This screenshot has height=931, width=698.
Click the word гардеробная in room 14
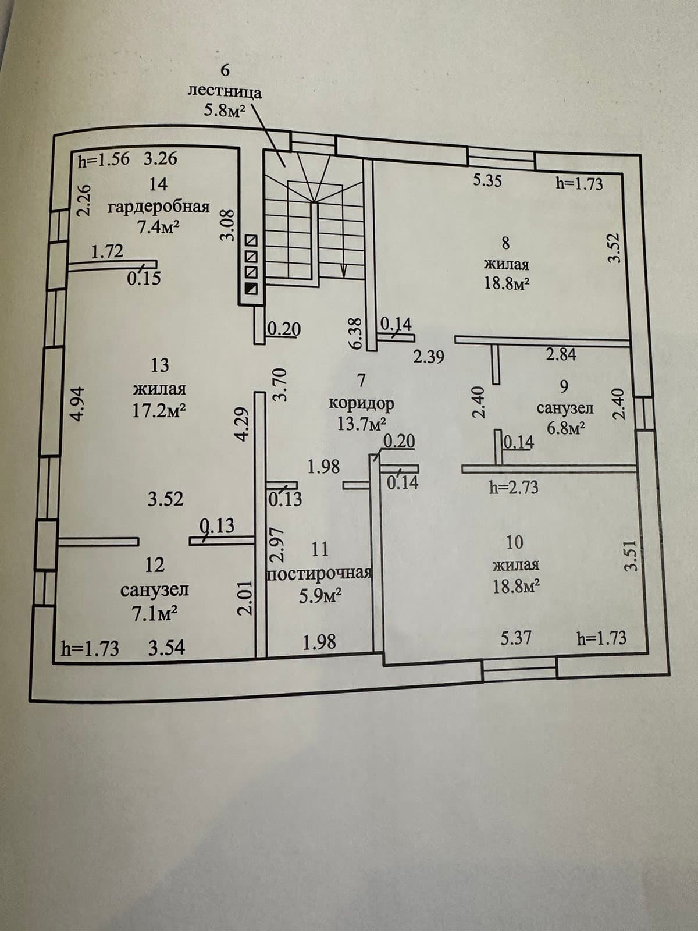point(159,207)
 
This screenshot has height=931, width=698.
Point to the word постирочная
point(319,574)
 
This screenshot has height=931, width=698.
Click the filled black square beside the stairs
point(251,289)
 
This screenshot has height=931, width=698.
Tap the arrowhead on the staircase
point(343,270)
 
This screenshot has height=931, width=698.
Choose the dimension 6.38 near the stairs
point(357,334)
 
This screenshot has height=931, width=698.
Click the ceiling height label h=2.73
point(514,488)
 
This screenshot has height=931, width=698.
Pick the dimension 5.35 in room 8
point(487,181)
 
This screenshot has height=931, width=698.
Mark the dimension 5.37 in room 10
point(516,637)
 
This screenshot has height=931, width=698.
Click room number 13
point(160,365)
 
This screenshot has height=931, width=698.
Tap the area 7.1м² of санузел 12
point(155,614)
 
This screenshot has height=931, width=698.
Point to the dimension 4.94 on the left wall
point(79,403)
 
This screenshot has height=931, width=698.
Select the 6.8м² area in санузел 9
point(566,428)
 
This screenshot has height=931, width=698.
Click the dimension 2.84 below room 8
point(561,354)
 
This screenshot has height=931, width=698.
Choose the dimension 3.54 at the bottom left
point(166,648)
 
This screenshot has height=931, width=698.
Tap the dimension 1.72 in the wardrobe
point(108,251)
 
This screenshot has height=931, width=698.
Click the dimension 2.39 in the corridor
point(429,356)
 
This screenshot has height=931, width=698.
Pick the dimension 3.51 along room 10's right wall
point(632,556)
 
